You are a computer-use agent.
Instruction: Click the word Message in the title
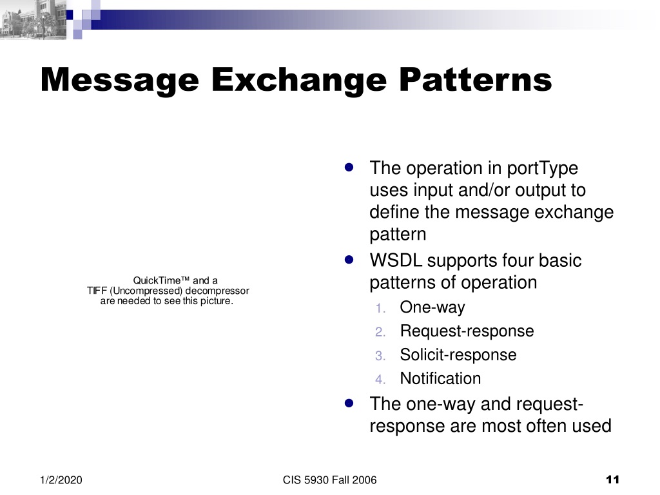[120, 81]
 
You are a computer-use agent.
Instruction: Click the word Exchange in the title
[299, 80]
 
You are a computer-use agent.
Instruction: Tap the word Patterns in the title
[475, 79]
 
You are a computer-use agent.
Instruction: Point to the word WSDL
[396, 260]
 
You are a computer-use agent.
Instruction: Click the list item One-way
[432, 307]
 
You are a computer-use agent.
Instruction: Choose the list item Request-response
[467, 331]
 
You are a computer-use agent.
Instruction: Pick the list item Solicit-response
[458, 355]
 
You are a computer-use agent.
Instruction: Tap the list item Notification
[440, 378]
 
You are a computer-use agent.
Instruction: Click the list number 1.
[380, 309]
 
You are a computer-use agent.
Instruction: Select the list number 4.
[380, 379]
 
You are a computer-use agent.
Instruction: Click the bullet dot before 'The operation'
[349, 168]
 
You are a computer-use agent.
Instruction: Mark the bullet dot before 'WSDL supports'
[349, 260]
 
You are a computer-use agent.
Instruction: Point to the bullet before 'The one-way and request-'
[349, 403]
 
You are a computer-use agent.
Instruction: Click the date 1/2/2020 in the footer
[61, 480]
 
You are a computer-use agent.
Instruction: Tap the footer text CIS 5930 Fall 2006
[329, 480]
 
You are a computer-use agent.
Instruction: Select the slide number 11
[612, 480]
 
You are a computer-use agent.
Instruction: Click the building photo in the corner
[33, 19]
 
